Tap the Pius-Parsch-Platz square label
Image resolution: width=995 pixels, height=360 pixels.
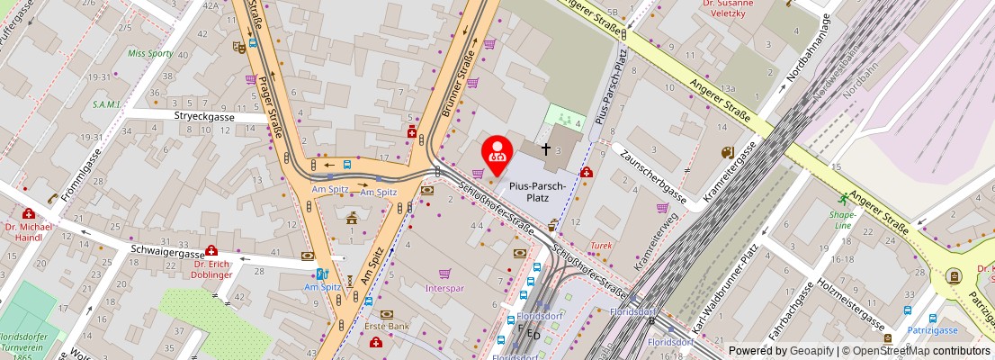click(x=537, y=192)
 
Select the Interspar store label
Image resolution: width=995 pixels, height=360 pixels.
click(x=444, y=288)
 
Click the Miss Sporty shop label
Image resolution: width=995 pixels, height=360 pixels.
click(x=149, y=53)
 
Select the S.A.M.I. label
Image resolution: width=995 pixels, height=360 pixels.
click(x=106, y=103)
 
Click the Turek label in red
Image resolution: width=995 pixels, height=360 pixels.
click(x=601, y=245)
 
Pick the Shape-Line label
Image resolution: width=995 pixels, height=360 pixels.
click(x=843, y=220)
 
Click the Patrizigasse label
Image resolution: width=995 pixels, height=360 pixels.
click(x=929, y=331)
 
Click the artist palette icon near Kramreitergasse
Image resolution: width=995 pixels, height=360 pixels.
click(x=727, y=153)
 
